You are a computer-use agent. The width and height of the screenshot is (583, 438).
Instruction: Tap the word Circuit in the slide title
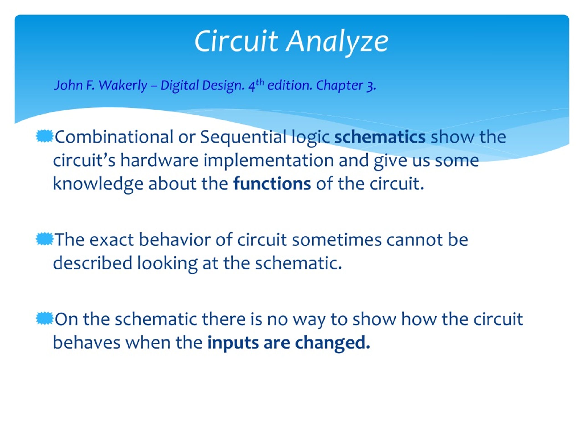click(x=236, y=41)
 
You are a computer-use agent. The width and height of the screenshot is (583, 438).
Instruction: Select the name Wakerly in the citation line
click(x=123, y=85)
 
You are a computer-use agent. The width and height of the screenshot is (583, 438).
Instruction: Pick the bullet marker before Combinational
click(x=44, y=136)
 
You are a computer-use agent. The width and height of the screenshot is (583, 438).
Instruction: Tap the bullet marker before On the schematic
click(x=44, y=318)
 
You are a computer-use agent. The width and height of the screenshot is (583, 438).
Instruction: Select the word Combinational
click(x=114, y=137)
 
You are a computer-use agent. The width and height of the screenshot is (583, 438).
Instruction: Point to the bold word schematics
click(x=380, y=137)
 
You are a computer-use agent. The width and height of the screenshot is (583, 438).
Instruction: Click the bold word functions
click(x=272, y=183)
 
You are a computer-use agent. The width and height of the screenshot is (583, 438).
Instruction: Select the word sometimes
click(x=337, y=240)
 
